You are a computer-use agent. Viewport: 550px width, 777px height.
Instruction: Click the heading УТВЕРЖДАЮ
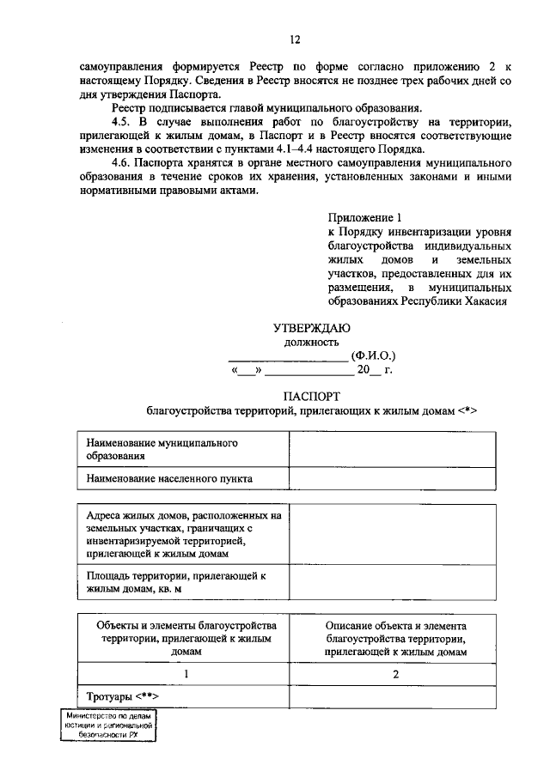tap(311, 327)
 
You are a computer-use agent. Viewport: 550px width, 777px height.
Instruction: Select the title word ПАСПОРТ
tap(311, 396)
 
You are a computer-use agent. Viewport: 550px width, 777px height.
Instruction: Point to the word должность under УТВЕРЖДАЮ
tap(311, 341)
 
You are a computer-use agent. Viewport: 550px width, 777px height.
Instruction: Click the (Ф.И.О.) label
tap(373, 355)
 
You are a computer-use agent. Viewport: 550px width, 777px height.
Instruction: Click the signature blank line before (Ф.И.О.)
tap(287, 357)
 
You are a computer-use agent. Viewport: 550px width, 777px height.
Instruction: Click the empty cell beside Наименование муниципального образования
tap(392, 448)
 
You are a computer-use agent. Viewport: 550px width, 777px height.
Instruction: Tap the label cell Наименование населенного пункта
tap(182, 477)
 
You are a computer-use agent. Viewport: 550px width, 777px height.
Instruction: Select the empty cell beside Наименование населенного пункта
tap(392, 477)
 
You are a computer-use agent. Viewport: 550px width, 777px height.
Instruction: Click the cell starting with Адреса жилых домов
tap(182, 534)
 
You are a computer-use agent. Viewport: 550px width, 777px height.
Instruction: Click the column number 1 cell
tap(186, 674)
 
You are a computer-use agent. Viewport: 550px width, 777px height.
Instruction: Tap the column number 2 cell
tap(396, 674)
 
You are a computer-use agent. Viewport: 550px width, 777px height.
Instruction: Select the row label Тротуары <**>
tap(124, 695)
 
